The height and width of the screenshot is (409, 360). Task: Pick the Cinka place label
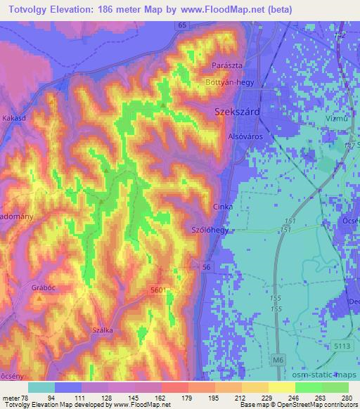pos(222,207)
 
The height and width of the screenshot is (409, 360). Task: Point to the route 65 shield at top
pos(182,25)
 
